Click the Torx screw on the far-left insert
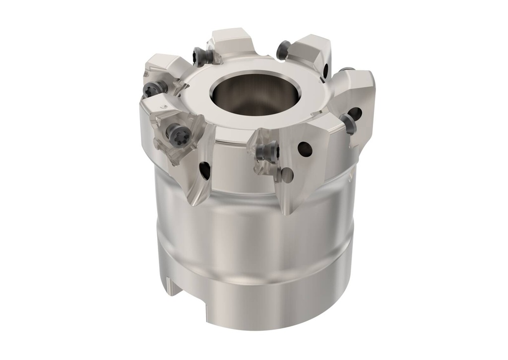tap(151, 90)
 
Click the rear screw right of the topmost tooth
tap(283, 50)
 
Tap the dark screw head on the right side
tap(350, 124)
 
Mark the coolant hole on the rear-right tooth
tap(326, 70)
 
